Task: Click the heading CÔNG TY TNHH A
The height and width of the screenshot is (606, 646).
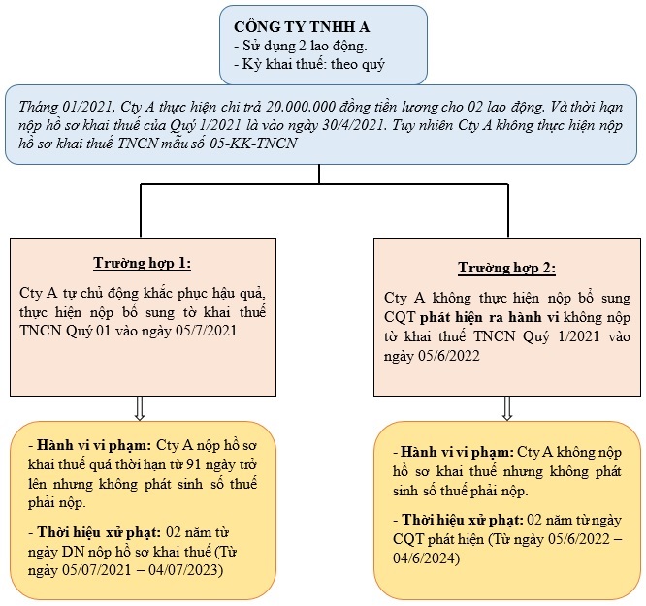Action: [302, 27]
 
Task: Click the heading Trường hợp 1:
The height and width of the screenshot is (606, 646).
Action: [143, 263]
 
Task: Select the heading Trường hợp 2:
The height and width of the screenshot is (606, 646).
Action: [506, 268]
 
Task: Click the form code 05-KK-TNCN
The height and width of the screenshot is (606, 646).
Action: [253, 143]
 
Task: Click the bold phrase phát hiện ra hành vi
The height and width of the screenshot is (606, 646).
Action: [489, 317]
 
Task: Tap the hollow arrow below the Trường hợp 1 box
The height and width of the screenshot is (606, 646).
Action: [140, 408]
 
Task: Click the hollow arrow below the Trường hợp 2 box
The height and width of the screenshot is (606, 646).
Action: [507, 408]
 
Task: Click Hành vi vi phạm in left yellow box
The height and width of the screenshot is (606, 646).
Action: [94, 445]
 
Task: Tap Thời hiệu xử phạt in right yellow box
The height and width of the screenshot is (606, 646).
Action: [463, 520]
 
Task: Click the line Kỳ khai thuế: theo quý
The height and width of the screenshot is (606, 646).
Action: [309, 64]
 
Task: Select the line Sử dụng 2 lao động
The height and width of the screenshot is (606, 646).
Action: [301, 46]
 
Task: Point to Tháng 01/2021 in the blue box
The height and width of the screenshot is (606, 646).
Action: [67, 107]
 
